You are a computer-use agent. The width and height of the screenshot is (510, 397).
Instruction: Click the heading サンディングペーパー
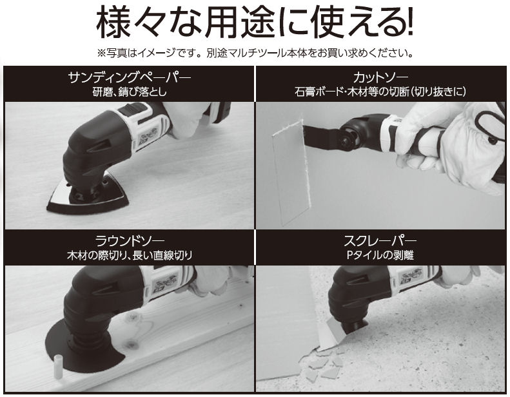click(129, 78)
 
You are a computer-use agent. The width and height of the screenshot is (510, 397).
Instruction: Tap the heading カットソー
click(380, 78)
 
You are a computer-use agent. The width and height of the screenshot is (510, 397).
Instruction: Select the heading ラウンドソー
click(129, 241)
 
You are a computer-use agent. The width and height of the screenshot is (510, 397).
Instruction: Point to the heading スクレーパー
click(380, 241)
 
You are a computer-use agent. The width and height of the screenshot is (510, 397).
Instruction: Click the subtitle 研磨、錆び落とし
click(129, 92)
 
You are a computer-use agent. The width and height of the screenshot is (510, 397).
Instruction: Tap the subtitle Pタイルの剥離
click(380, 255)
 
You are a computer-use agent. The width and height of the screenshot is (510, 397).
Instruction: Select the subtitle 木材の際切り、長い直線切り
click(129, 255)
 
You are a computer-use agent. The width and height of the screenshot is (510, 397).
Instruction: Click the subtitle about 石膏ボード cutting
click(380, 92)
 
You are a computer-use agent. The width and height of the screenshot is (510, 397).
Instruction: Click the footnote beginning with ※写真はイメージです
click(255, 53)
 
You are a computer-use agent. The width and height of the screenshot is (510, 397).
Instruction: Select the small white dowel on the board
click(58, 367)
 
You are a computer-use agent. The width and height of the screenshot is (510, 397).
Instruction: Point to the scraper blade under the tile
click(333, 335)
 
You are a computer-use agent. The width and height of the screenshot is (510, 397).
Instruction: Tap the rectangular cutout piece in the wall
click(290, 172)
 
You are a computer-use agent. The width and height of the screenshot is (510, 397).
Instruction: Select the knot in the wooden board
click(131, 344)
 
